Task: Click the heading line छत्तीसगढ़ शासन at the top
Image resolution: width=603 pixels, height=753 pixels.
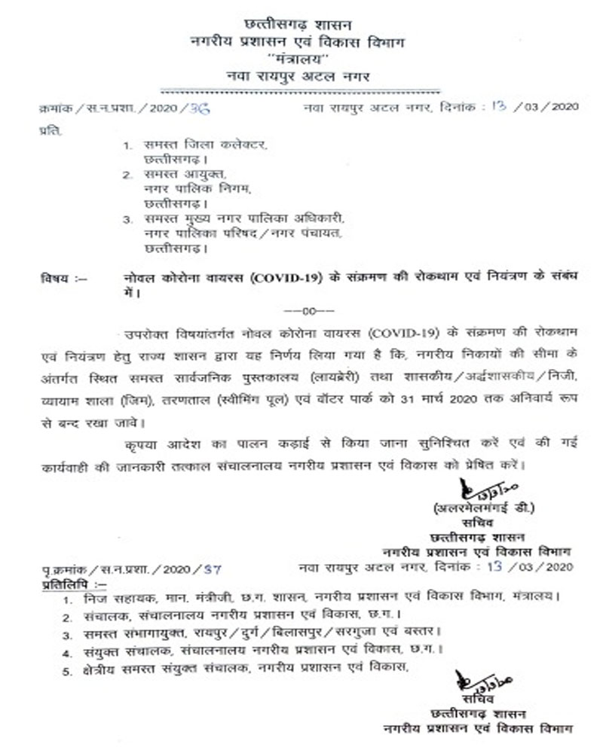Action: pyautogui.click(x=301, y=26)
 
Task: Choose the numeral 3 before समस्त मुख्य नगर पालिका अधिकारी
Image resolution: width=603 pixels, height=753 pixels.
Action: pyautogui.click(x=128, y=218)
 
